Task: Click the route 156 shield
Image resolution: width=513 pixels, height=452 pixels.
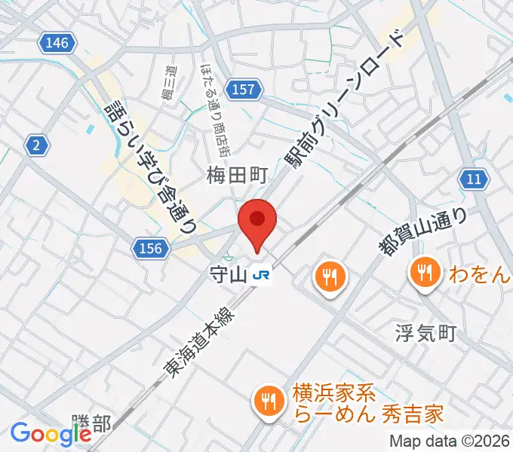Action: coord(149,248)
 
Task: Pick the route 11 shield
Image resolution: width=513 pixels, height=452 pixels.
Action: coord(473,179)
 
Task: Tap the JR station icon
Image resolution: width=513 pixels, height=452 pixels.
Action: coord(263,276)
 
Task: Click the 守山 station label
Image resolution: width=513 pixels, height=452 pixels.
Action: coord(229,276)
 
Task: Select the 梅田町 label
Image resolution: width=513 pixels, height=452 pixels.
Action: coord(237,176)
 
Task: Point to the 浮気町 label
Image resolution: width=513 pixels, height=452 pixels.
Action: coord(426,332)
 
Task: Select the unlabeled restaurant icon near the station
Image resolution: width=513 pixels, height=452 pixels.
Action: coord(330,277)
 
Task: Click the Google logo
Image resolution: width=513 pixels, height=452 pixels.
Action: coord(51,433)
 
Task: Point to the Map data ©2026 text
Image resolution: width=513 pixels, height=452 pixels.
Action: coord(449,441)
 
